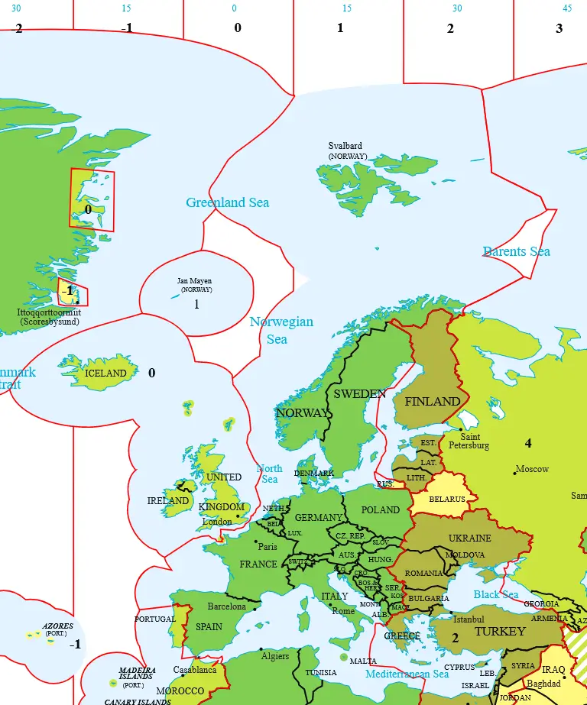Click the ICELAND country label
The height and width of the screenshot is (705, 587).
(105, 374)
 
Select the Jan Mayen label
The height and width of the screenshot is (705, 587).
(194, 281)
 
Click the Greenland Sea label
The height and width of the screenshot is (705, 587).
(227, 202)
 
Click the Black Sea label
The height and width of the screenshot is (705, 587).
(495, 594)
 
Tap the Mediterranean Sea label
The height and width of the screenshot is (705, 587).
(407, 674)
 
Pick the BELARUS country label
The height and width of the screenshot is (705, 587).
(447, 500)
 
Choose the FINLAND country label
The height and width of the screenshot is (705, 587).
(432, 401)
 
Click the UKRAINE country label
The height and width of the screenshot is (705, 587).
(469, 538)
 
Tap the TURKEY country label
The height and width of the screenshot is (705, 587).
(500, 631)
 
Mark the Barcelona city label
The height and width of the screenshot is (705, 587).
(227, 606)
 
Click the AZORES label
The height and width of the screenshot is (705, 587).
(58, 626)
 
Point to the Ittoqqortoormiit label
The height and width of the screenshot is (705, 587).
(49, 312)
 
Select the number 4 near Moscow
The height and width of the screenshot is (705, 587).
(527, 443)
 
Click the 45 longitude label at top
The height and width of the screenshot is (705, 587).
(566, 8)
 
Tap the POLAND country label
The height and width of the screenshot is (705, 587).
(380, 509)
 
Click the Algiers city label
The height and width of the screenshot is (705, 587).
(274, 656)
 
